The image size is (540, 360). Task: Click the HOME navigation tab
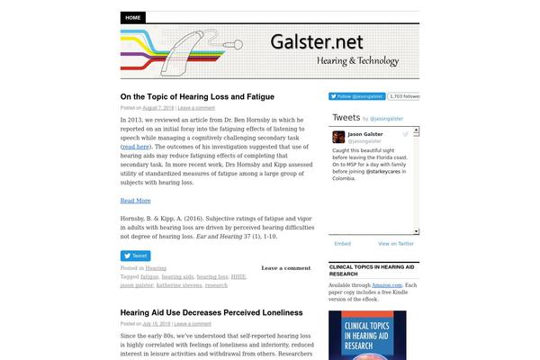[x=133, y=17]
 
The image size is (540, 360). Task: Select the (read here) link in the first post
[x=135, y=147]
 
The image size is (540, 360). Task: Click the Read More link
[x=135, y=201]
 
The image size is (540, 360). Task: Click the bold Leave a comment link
[x=285, y=268]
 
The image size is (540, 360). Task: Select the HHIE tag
[x=238, y=277]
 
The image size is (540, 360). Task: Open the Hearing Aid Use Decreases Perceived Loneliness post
[x=211, y=313]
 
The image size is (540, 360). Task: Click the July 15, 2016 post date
[x=157, y=324]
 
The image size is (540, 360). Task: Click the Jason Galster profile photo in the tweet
[x=339, y=137]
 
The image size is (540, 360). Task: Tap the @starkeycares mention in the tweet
[x=384, y=170]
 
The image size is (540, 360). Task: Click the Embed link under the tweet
[x=342, y=243]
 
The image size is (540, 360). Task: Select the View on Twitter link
[x=396, y=243]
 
